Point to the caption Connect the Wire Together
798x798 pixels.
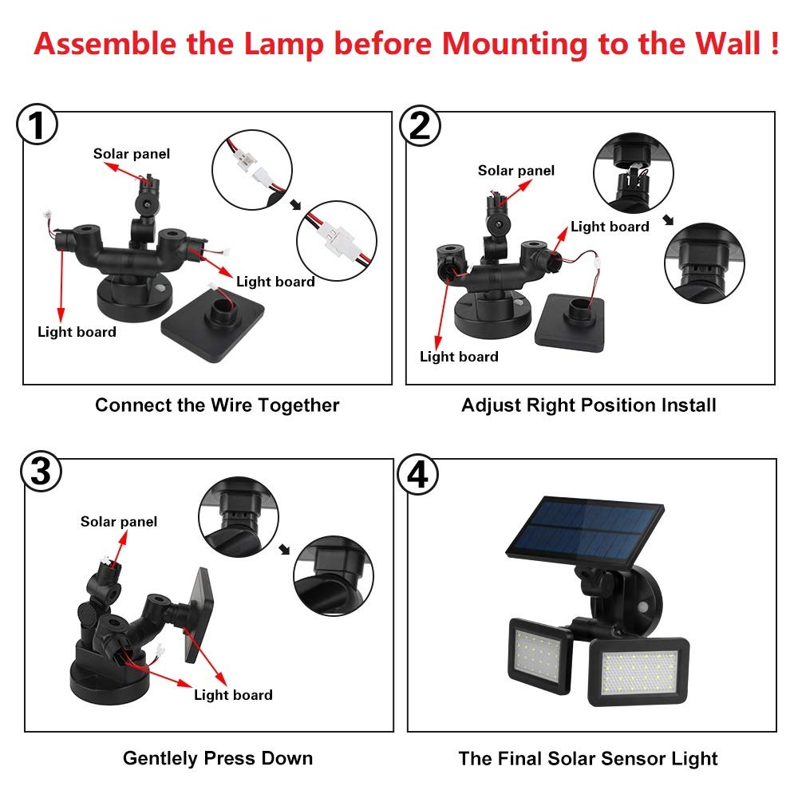pyautogui.click(x=217, y=405)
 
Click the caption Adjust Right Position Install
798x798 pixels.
pyautogui.click(x=588, y=405)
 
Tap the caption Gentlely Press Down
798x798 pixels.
pyautogui.click(x=217, y=758)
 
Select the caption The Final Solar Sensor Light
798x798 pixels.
pyautogui.click(x=588, y=758)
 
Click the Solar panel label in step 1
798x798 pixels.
pyautogui.click(x=132, y=153)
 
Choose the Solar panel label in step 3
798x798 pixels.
pyautogui.click(x=119, y=522)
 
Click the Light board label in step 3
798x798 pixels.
pyautogui.click(x=233, y=695)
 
